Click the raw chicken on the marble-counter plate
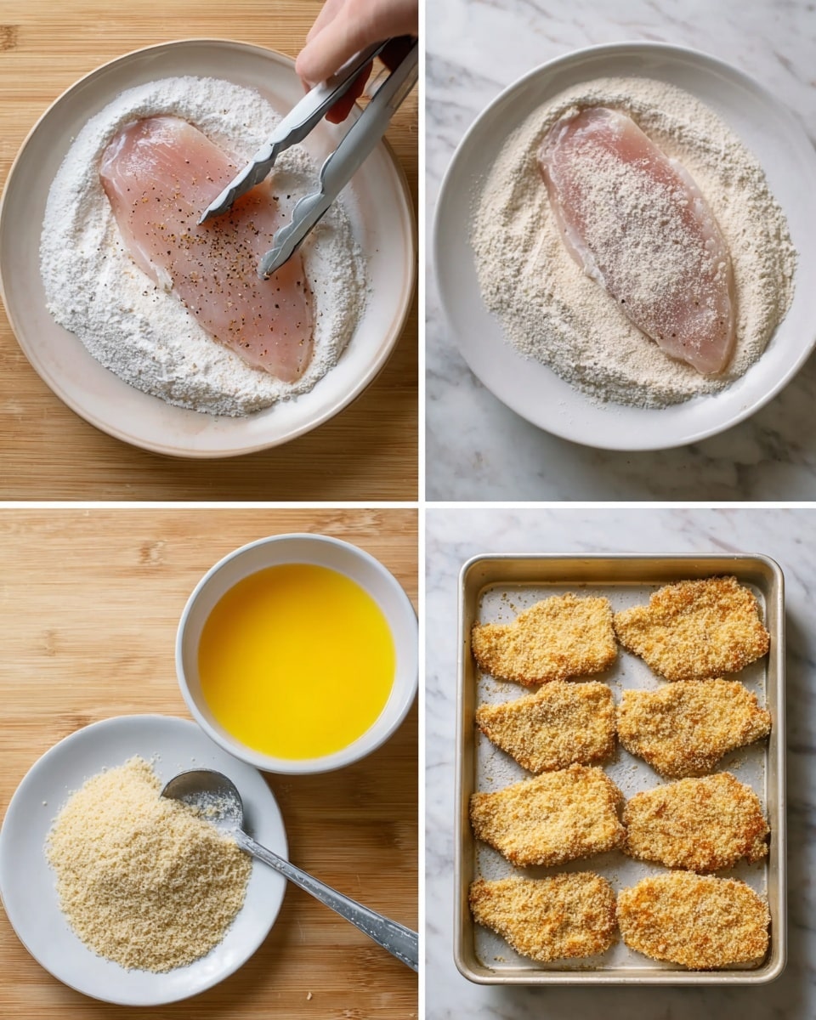click(637, 238)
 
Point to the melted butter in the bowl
click(296, 659)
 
